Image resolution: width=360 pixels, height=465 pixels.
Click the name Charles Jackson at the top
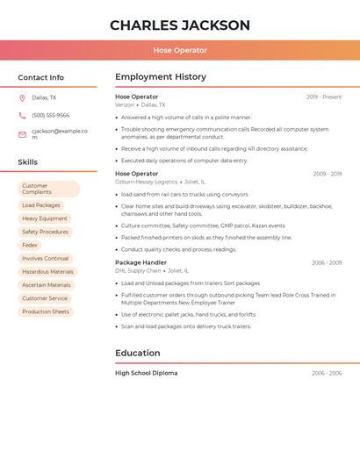(x=180, y=25)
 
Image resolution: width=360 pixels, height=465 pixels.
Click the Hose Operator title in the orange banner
(x=180, y=50)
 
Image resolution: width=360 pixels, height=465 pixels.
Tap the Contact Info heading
(x=41, y=77)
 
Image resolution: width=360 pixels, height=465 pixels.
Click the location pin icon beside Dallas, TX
(x=22, y=98)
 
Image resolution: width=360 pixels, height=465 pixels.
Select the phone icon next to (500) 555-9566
(x=22, y=116)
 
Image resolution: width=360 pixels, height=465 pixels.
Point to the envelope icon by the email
(x=22, y=134)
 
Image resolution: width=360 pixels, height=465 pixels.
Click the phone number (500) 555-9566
(x=50, y=116)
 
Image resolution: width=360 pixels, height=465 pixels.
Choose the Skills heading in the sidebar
(x=28, y=162)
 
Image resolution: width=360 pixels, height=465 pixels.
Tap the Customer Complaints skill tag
(x=48, y=189)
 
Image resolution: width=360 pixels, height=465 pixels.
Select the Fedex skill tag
(x=30, y=245)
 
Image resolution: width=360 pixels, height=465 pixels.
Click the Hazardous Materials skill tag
(x=47, y=272)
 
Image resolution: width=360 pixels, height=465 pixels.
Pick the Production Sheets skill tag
(x=46, y=311)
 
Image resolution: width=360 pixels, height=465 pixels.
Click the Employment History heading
(x=161, y=77)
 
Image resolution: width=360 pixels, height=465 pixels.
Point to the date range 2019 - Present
(x=324, y=97)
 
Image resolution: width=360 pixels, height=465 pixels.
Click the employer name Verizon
(x=125, y=104)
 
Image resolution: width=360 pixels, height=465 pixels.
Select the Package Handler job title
(x=140, y=262)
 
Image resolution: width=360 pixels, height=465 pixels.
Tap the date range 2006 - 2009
(x=327, y=262)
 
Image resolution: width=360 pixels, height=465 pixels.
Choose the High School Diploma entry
(x=146, y=373)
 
